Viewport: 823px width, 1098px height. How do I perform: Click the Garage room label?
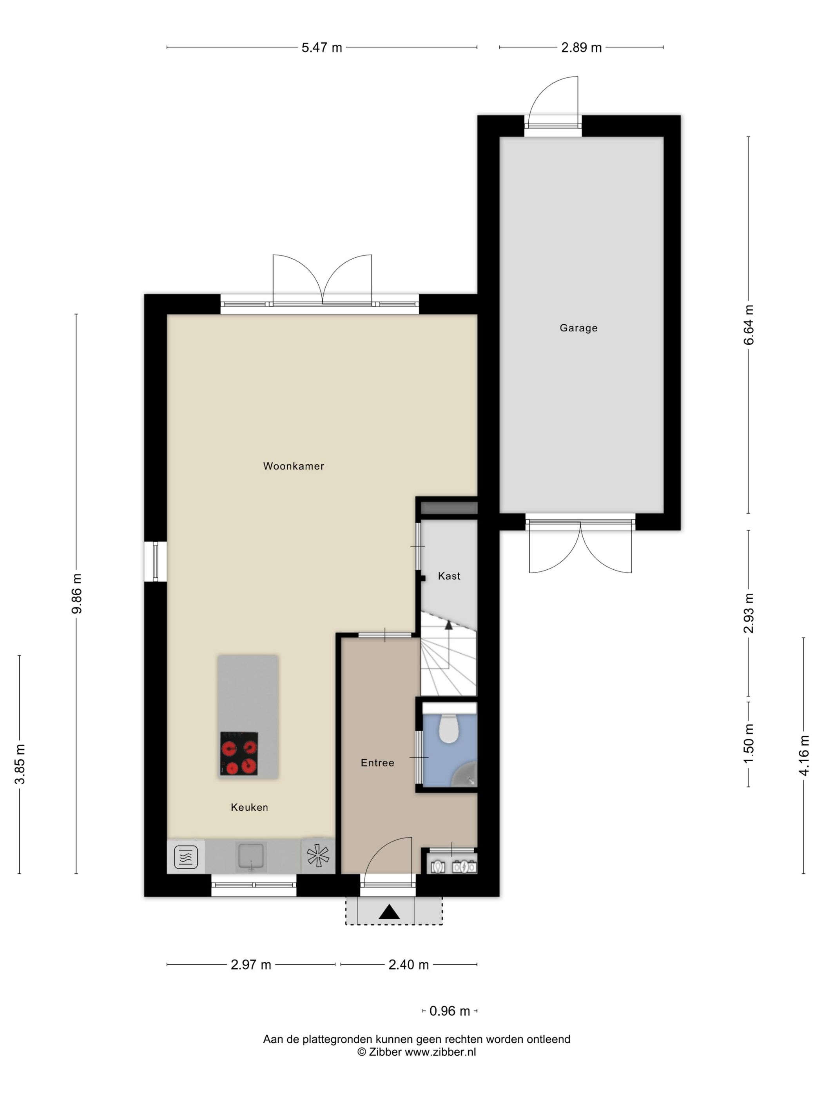[x=578, y=328]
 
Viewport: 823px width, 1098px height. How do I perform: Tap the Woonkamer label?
[x=294, y=466]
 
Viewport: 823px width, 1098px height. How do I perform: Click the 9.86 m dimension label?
[x=76, y=594]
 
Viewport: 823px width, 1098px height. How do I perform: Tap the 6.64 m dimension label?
[x=749, y=325]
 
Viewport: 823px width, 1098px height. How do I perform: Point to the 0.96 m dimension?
[x=450, y=1011]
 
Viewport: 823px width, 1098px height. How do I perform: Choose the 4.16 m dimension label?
[x=804, y=756]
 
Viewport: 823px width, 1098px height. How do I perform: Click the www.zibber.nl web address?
[x=440, y=1051]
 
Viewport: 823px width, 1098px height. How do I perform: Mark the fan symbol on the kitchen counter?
[x=318, y=856]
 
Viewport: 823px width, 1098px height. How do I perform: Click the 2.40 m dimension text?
[x=408, y=965]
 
